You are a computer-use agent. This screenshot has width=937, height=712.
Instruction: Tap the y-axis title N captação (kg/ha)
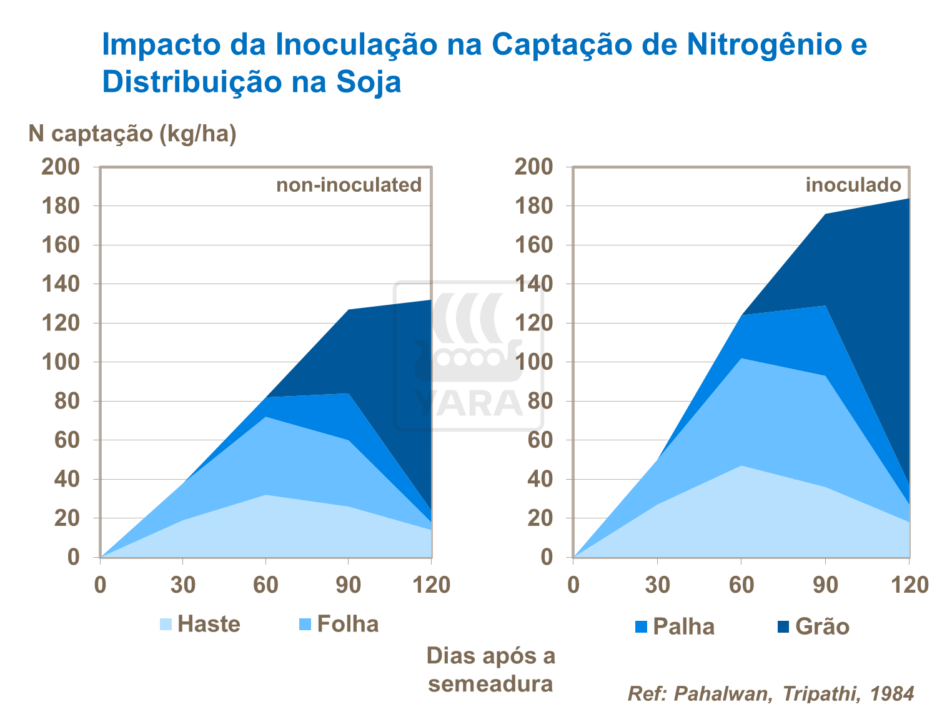132,134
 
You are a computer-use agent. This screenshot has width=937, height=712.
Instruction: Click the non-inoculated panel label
349,185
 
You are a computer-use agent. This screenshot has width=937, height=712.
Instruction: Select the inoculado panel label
853,185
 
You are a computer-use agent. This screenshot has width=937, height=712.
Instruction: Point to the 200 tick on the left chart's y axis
61,167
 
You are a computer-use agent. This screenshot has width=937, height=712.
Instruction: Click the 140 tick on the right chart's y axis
534,284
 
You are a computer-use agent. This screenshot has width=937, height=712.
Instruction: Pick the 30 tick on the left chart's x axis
183,585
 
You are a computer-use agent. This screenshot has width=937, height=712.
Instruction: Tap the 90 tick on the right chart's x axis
825,585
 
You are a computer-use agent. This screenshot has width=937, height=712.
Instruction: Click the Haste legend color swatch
166,624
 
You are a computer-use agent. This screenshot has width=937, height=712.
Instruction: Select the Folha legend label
347,624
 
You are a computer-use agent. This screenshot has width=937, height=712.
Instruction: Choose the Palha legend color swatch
641,626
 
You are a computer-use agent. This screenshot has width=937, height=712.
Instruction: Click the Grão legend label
822,626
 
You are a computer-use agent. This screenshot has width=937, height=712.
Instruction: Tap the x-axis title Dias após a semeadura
490,670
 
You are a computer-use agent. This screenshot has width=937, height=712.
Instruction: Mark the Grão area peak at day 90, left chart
349,310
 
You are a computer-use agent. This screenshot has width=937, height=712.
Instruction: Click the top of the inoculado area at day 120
908,199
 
